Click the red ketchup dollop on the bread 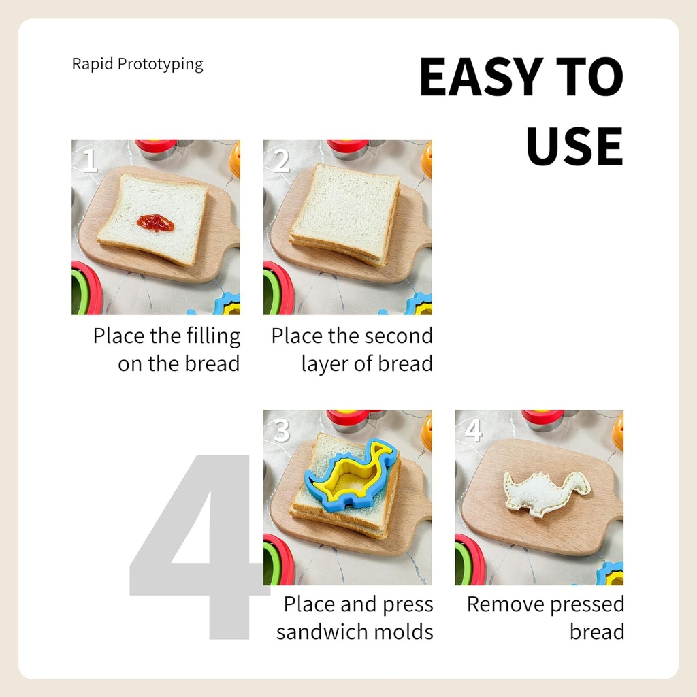click(155, 223)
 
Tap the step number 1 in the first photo click(90, 161)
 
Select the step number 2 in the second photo click(281, 161)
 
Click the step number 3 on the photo click(281, 431)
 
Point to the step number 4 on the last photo click(472, 431)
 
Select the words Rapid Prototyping click(137, 65)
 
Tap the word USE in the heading click(574, 146)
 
